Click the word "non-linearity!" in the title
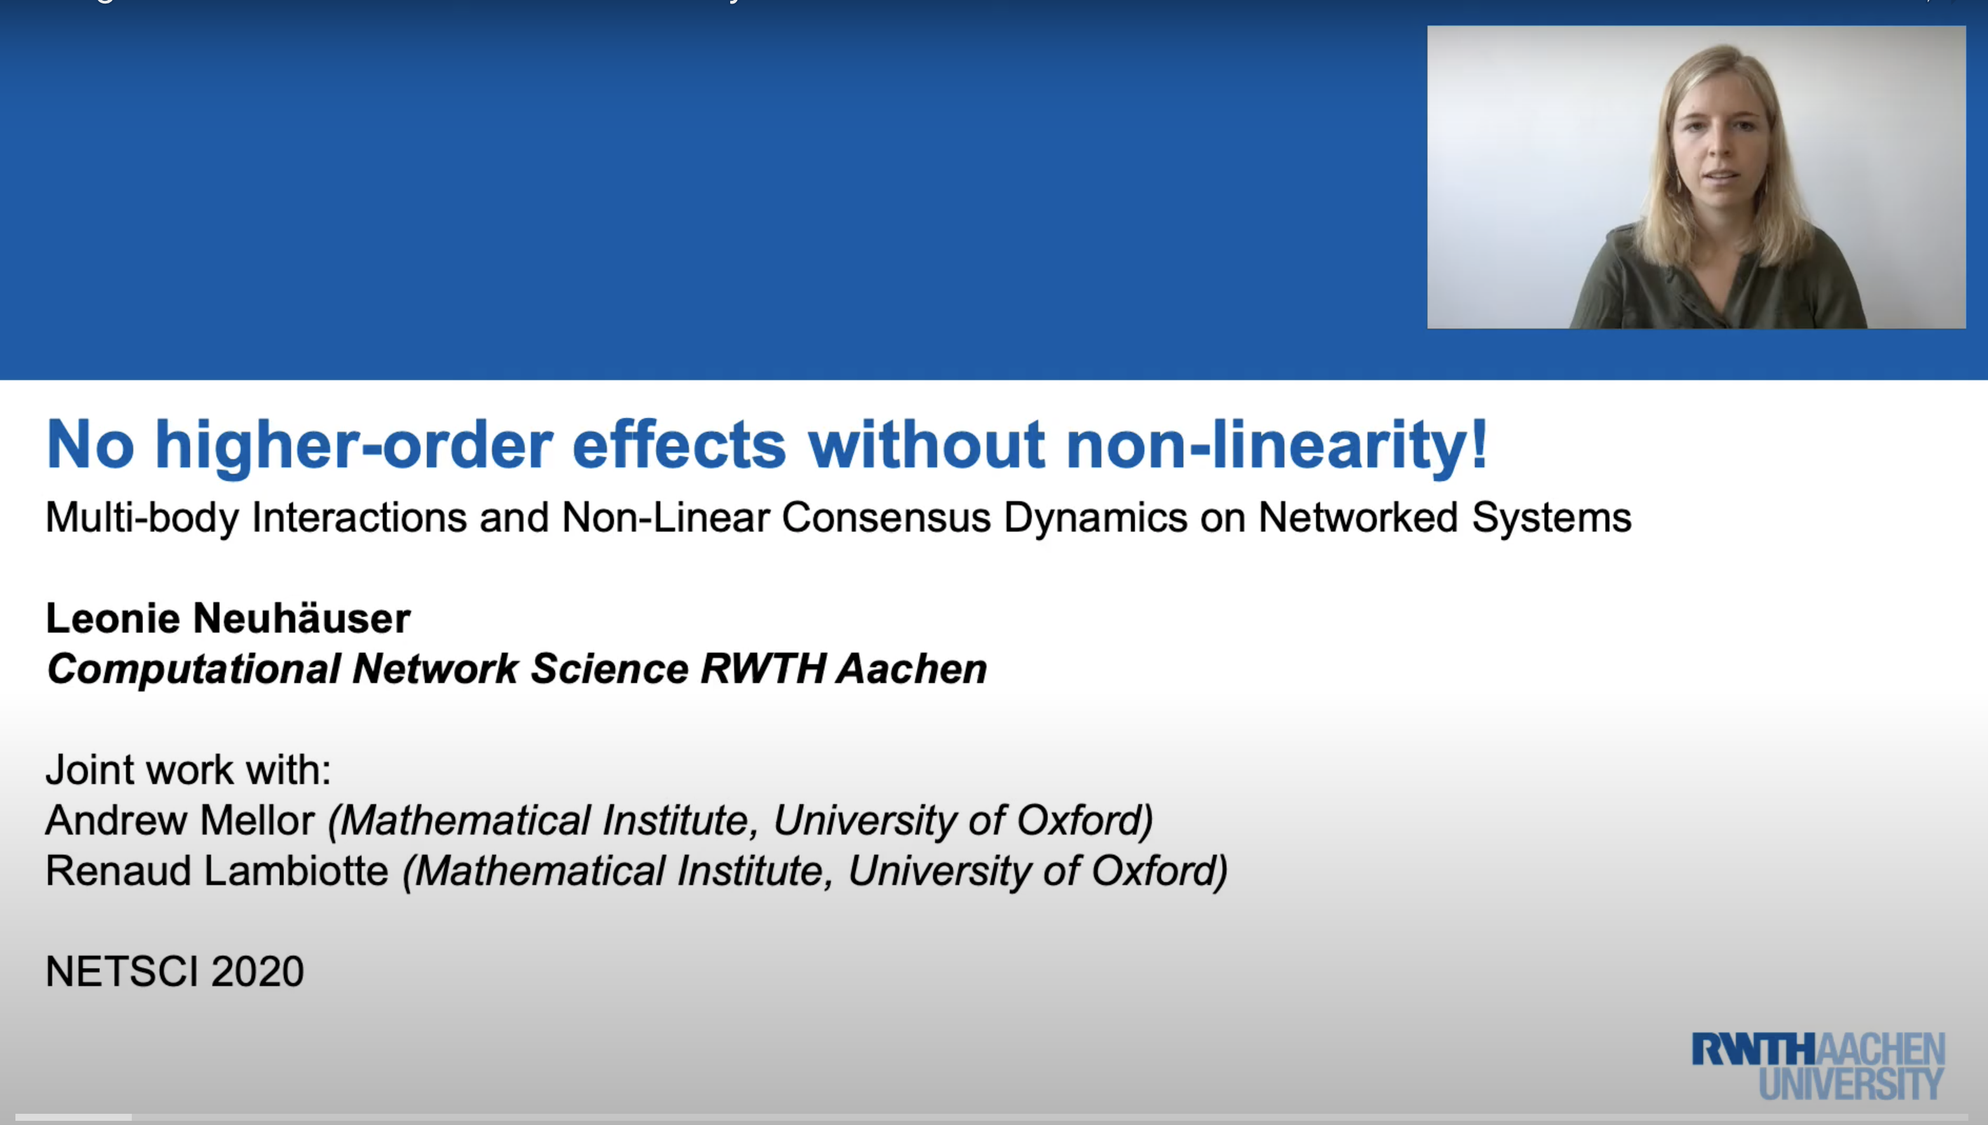pyautogui.click(x=1277, y=445)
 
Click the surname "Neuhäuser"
pyautogui.click(x=302, y=618)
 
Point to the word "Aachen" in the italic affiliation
pyautogui.click(x=912, y=668)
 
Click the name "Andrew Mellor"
pyautogui.click(x=180, y=820)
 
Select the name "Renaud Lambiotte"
pyautogui.click(x=216, y=871)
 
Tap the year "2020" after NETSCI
pyautogui.click(x=257, y=971)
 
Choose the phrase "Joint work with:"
pyautogui.click(x=189, y=769)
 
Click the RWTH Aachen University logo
pyautogui.click(x=1818, y=1065)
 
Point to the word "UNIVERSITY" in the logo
pyautogui.click(x=1852, y=1084)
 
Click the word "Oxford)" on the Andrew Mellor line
pyautogui.click(x=1084, y=820)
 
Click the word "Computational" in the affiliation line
pyautogui.click(x=193, y=669)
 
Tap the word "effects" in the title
pyautogui.click(x=679, y=445)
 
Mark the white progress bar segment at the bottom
pyautogui.click(x=74, y=1117)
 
